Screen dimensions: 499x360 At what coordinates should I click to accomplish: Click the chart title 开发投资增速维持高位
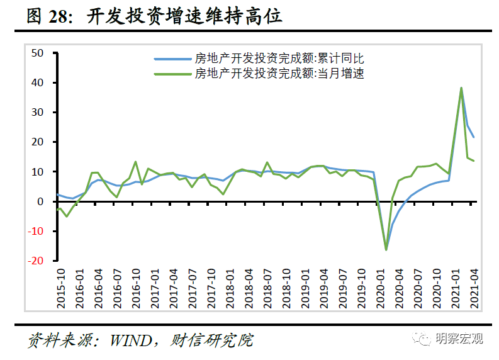tap(184, 16)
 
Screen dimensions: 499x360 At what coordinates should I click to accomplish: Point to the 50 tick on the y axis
tap(37, 53)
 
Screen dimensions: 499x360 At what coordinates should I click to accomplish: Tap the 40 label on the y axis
tap(37, 82)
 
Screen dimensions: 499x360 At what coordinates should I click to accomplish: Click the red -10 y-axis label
tap(36, 231)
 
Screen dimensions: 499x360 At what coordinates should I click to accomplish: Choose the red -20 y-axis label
tap(36, 261)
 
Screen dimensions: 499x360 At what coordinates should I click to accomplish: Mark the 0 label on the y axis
tap(40, 201)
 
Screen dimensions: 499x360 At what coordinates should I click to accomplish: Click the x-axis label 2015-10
tap(61, 288)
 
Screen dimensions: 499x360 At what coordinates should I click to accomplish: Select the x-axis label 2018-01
tap(230, 288)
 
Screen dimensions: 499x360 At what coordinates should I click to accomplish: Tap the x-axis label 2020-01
tap(380, 288)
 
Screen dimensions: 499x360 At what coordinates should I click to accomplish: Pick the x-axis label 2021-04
tap(474, 288)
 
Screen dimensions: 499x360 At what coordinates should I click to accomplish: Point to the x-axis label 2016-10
tap(136, 288)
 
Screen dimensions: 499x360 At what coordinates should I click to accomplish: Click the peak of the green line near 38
tap(461, 88)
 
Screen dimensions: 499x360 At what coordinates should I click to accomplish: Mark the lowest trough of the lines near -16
tap(386, 250)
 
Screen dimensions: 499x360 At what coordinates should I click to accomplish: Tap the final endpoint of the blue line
tap(474, 137)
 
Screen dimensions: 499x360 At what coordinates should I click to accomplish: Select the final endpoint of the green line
tap(474, 160)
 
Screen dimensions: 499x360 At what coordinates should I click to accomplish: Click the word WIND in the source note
tap(131, 340)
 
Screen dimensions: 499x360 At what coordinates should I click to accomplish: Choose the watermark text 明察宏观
tap(459, 339)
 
